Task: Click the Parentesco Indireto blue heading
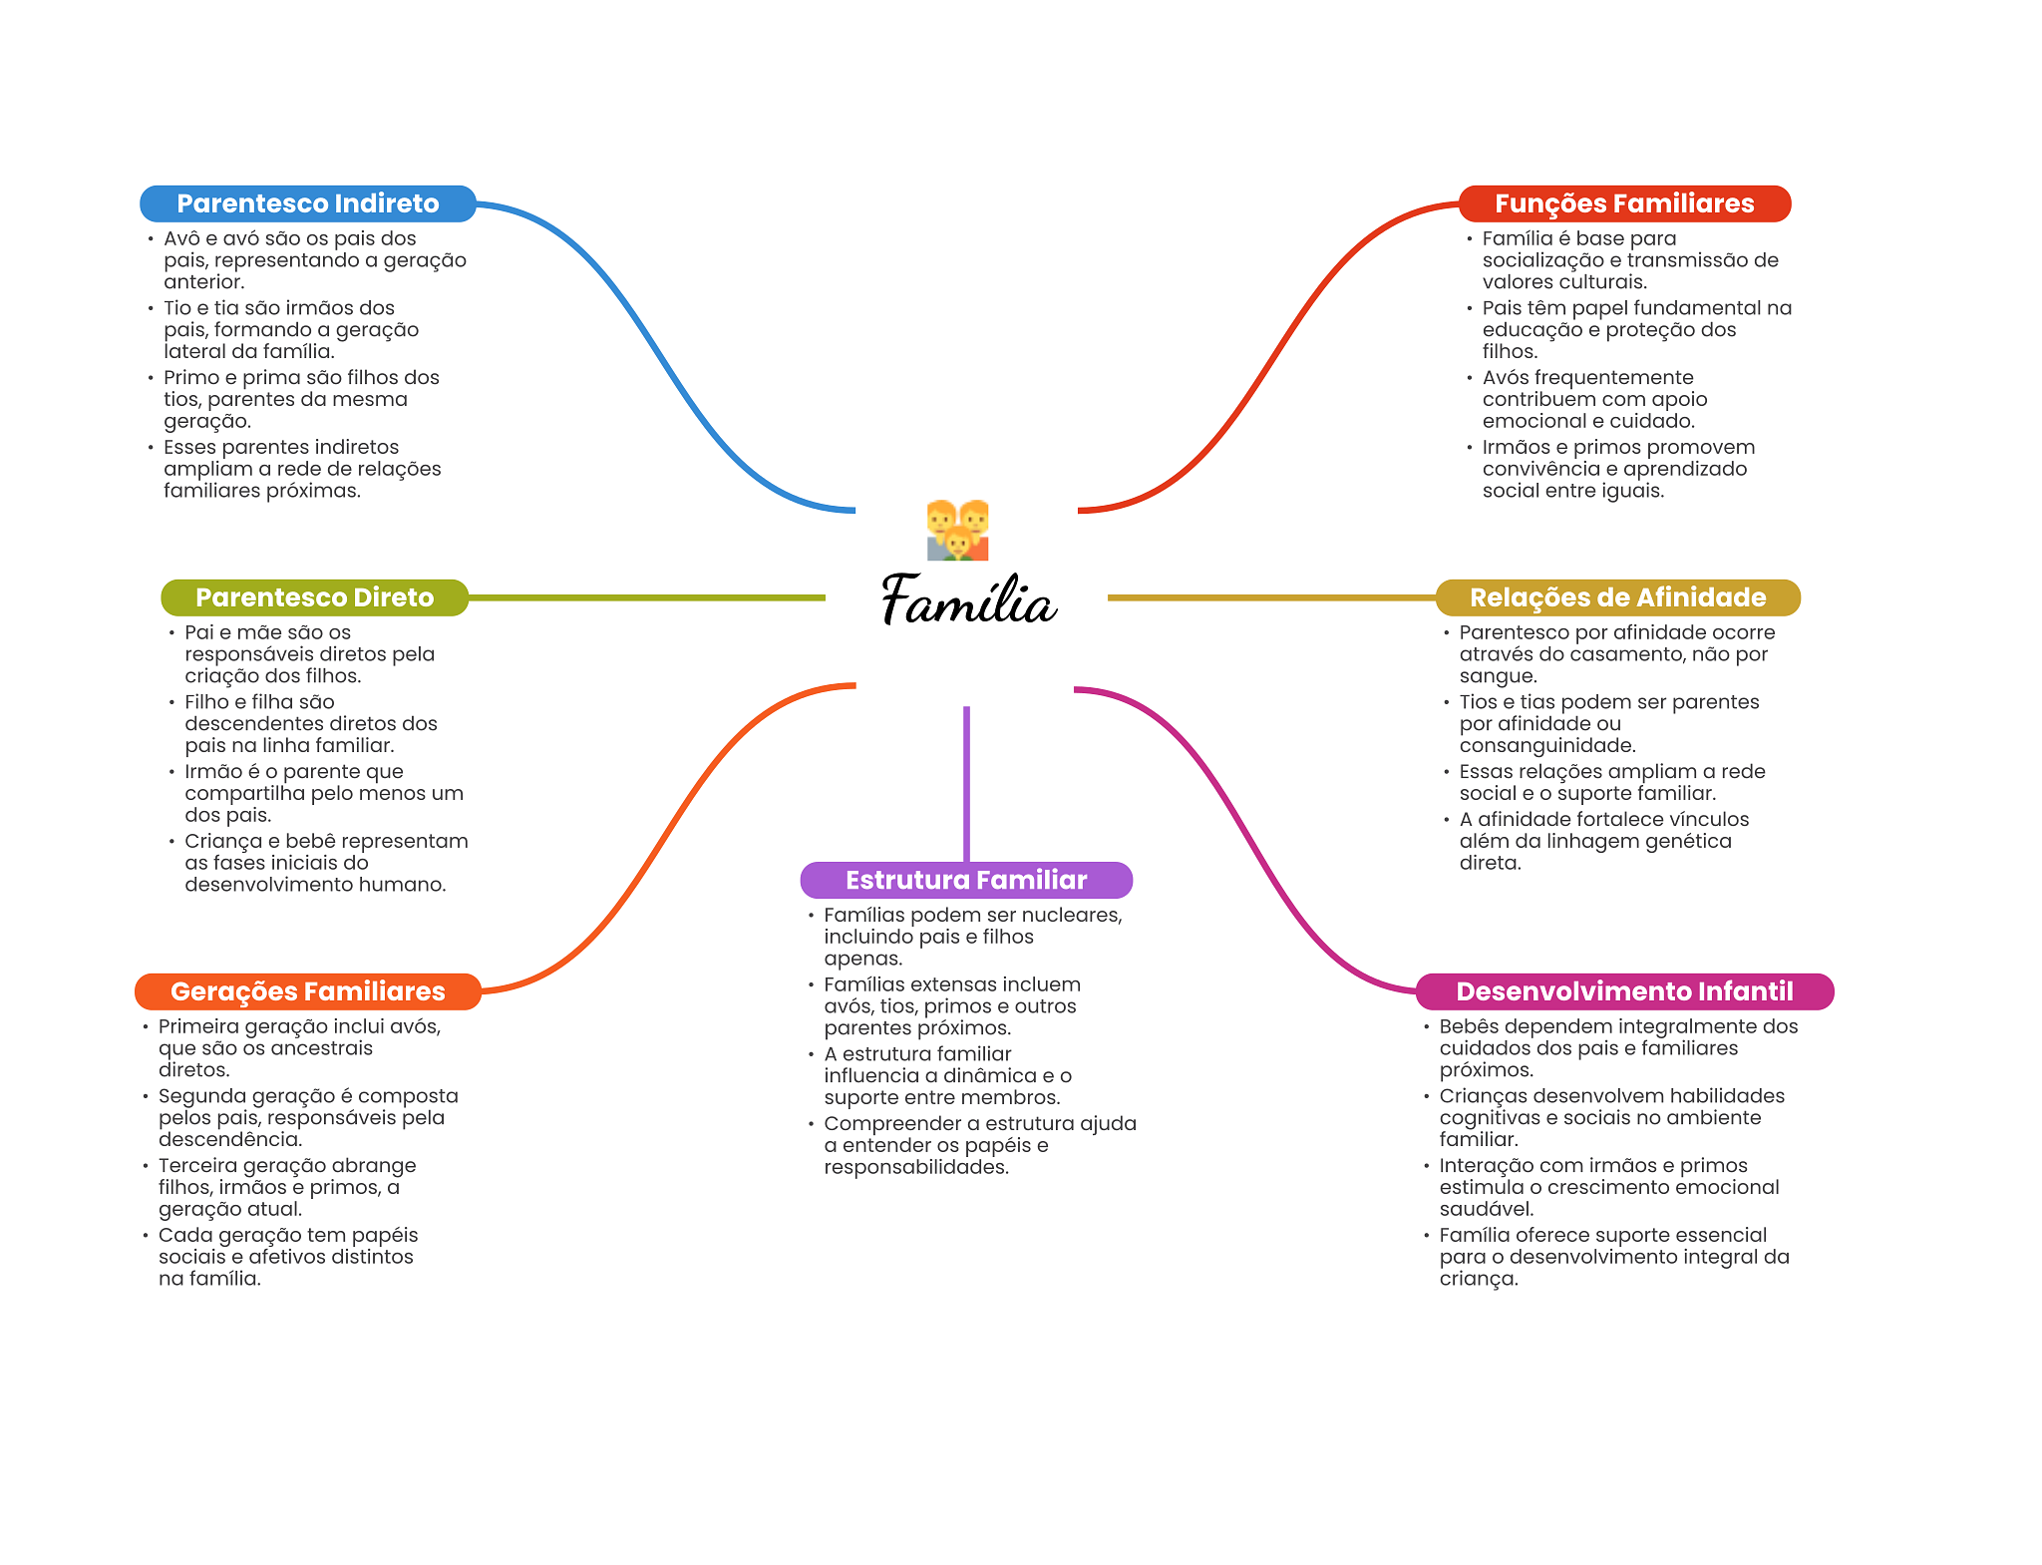tap(308, 203)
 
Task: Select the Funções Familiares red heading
tap(1624, 203)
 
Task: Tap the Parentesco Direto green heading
tap(315, 597)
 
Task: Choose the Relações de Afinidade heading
tap(1618, 597)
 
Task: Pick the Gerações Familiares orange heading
tap(308, 991)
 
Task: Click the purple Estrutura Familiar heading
tap(966, 880)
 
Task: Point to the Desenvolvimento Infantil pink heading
tap(1625, 991)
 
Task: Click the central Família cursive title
tap(968, 600)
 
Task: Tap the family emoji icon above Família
tap(957, 530)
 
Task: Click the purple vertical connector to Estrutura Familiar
tap(966, 784)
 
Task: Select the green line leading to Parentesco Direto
tap(647, 597)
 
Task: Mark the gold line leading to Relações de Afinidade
tap(1271, 597)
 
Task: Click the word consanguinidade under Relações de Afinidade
tap(1547, 746)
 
